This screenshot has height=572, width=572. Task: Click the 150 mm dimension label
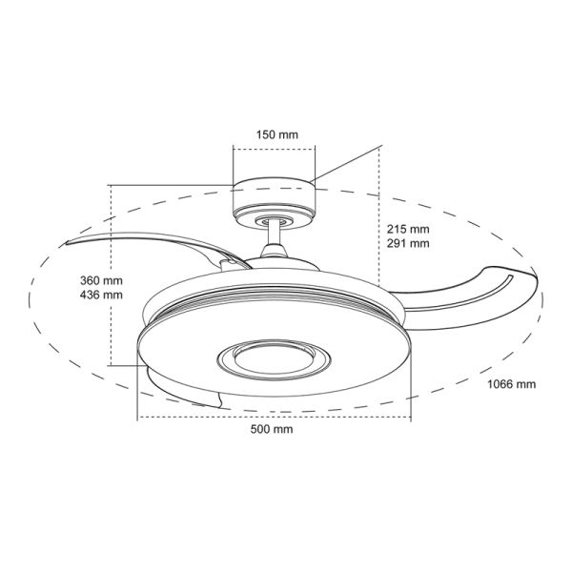[x=276, y=134]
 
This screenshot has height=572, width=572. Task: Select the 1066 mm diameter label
[x=511, y=384]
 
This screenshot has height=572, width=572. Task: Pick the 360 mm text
[x=101, y=281]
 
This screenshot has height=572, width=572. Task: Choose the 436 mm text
[x=101, y=296]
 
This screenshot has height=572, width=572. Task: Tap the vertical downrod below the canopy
[x=275, y=234]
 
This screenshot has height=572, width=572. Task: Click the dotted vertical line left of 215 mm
[x=379, y=238]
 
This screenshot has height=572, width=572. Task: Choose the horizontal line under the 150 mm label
[x=275, y=147]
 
